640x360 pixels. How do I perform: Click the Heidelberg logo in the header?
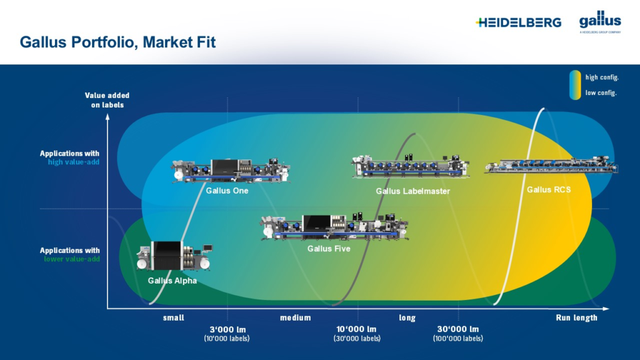point(518,22)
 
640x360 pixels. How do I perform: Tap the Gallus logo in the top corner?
point(599,21)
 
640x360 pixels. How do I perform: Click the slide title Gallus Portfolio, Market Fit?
point(117,42)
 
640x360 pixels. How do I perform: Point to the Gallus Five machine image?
point(334,227)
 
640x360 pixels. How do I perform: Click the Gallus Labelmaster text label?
point(412,191)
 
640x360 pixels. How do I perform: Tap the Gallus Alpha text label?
point(172,281)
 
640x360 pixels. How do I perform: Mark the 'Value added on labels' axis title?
point(107,100)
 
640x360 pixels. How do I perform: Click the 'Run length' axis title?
point(576,317)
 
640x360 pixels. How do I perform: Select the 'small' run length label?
point(174,317)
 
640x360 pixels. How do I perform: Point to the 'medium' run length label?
point(296,317)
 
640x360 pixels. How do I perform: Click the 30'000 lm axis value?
point(457,329)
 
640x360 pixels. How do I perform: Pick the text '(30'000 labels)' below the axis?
point(357,339)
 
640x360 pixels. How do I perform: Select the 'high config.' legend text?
point(602,77)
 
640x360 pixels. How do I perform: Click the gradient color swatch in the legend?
point(574,85)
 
